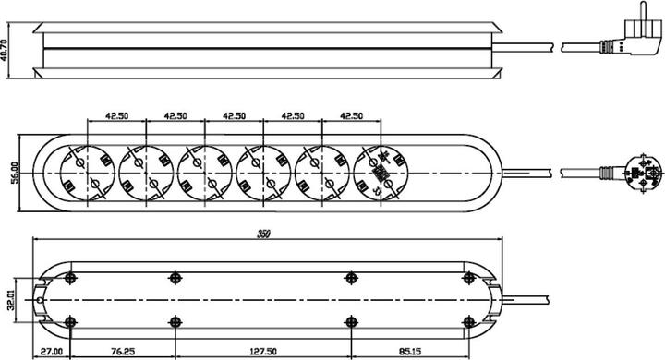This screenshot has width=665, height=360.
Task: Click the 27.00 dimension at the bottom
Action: point(52,352)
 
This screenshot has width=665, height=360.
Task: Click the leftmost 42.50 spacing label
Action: point(116,117)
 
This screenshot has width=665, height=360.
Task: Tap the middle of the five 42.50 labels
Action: point(233,117)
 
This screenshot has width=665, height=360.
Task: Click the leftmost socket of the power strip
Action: point(88,173)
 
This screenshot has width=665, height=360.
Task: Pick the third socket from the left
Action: point(204,173)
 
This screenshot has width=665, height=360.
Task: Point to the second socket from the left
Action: point(146,173)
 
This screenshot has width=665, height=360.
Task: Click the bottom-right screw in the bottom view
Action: point(468,322)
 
